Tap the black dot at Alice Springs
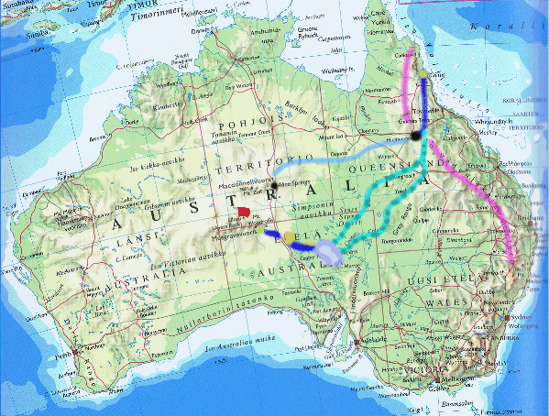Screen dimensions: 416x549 [273, 187]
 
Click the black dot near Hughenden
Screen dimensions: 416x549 [415, 136]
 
